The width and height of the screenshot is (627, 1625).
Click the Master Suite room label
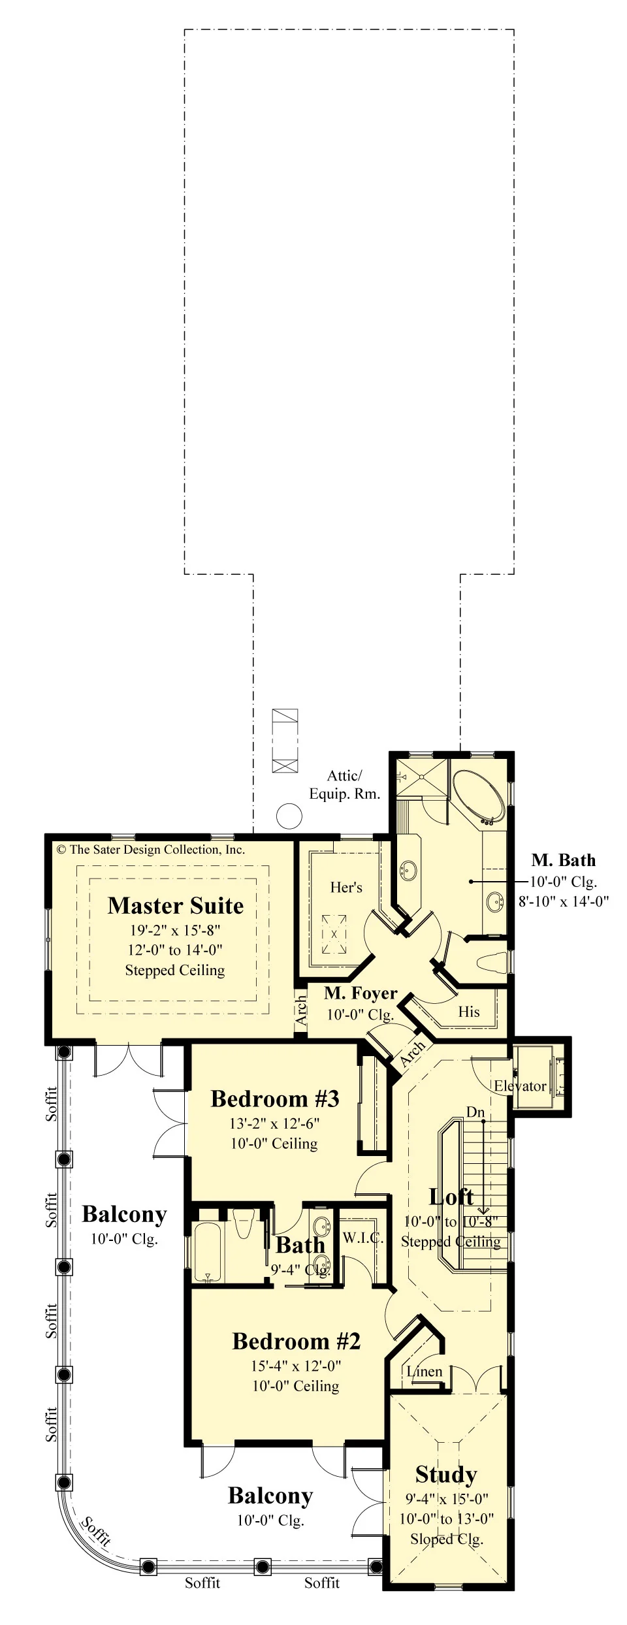(176, 905)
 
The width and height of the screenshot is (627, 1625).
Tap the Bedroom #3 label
(275, 1099)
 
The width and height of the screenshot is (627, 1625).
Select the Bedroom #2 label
(297, 1341)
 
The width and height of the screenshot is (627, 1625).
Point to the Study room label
(446, 1475)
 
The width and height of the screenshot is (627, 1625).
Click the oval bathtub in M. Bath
(479, 796)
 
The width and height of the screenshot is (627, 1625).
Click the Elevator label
(520, 1086)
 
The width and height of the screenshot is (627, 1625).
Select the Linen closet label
(425, 1372)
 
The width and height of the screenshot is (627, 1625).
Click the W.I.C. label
(362, 1238)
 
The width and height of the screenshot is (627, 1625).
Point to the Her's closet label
(346, 887)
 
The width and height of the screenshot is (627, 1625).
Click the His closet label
(469, 1012)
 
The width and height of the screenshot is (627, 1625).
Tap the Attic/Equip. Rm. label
(344, 784)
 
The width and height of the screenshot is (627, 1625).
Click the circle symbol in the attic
(289, 816)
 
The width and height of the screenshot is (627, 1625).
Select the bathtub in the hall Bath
(209, 1251)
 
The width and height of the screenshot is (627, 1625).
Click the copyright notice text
(151, 849)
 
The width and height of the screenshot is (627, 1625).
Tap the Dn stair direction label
(475, 1112)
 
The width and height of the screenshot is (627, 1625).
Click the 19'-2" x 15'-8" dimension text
(175, 930)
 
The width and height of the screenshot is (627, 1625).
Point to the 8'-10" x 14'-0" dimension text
(564, 901)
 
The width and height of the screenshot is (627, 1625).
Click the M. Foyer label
(361, 993)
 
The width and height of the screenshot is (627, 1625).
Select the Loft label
(451, 1197)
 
